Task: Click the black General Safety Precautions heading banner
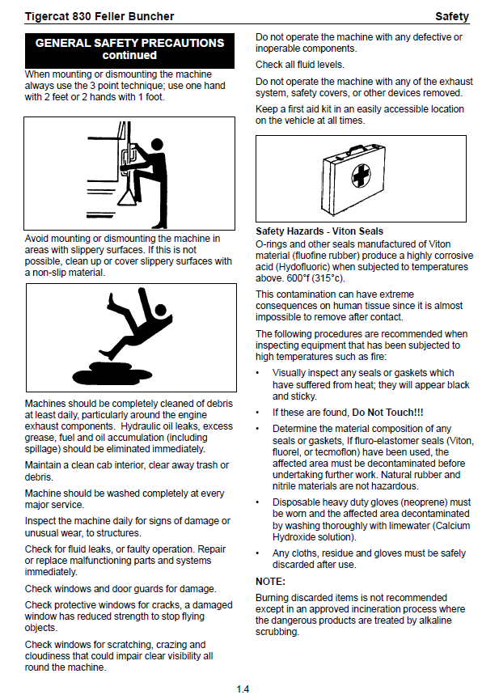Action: [x=129, y=49]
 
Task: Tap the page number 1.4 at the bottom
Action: [x=243, y=688]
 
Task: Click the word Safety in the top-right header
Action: [x=451, y=16]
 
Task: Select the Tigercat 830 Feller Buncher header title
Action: [x=99, y=16]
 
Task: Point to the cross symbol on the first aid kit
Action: [x=362, y=176]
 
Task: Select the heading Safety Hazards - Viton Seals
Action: [x=319, y=231]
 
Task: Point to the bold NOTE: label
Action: [x=270, y=582]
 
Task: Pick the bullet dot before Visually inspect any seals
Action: [x=257, y=373]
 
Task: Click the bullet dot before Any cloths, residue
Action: [x=257, y=553]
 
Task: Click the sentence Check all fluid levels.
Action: [x=300, y=65]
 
